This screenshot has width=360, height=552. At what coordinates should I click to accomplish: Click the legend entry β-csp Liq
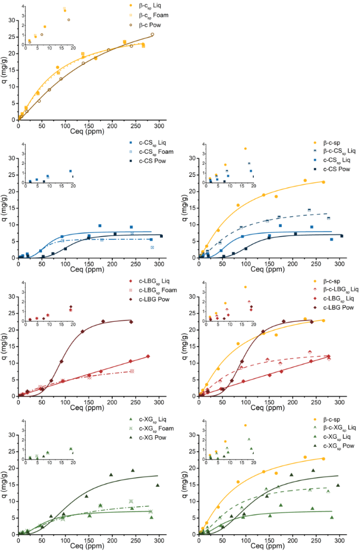[140, 5]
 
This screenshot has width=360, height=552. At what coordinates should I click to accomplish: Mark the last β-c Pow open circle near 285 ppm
[153, 34]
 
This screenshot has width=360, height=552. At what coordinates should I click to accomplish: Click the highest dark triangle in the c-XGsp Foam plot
[133, 470]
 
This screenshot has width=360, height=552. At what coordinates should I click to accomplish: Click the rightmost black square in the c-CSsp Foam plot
[161, 236]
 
